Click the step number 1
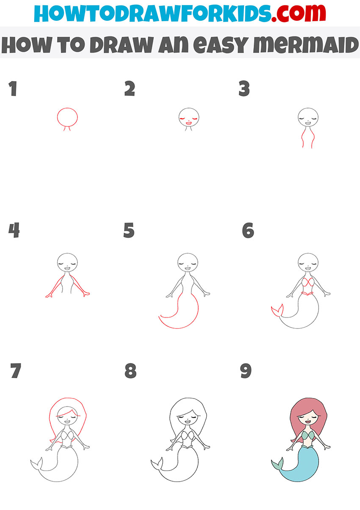[x=13, y=89]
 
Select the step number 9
[x=246, y=371]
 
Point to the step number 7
[x=16, y=371]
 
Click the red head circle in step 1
[x=68, y=117]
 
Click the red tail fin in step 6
[x=275, y=313]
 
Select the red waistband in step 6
[x=308, y=293]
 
